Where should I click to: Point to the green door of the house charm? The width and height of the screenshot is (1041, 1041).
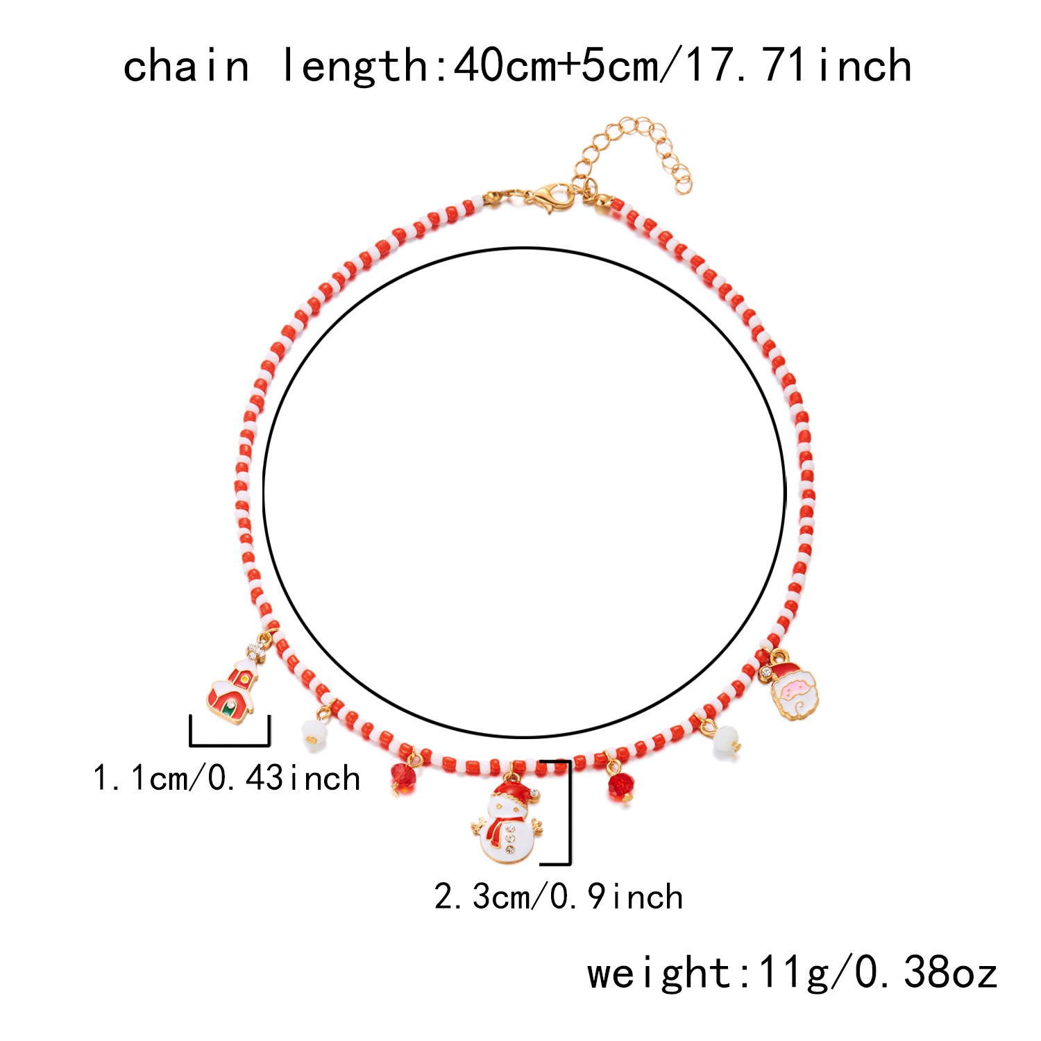tap(230, 709)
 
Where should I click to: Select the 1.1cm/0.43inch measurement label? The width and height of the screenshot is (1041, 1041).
tap(226, 779)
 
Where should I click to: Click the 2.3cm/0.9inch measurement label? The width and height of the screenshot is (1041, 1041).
tap(559, 897)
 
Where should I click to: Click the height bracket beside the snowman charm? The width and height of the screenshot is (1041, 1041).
tap(568, 812)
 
